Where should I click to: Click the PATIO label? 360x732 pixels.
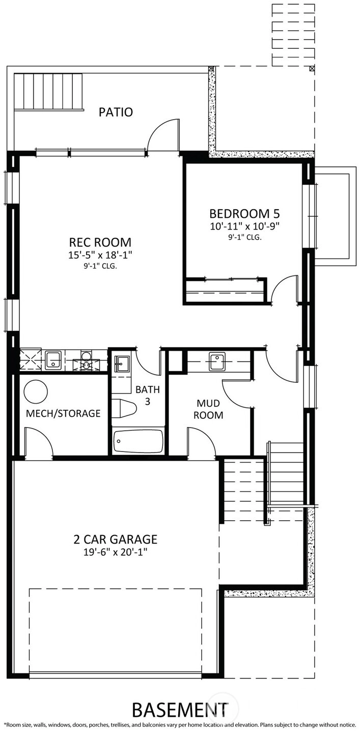(x=116, y=112)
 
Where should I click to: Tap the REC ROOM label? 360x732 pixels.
(x=100, y=242)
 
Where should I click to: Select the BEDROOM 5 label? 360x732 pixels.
(x=244, y=214)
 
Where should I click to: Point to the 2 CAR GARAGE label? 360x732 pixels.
(x=116, y=539)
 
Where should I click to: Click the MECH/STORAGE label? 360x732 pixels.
(x=63, y=413)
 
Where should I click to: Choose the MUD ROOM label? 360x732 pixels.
(x=208, y=409)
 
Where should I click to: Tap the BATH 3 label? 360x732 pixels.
(x=148, y=396)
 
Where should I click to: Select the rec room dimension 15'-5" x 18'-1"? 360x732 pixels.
(x=100, y=255)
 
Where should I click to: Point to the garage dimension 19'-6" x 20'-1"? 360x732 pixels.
(x=116, y=552)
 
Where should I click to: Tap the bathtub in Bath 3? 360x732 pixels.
(x=139, y=441)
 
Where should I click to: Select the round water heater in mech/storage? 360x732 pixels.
(x=36, y=391)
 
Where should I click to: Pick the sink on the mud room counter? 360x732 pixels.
(x=217, y=361)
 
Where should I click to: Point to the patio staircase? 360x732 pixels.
(x=48, y=92)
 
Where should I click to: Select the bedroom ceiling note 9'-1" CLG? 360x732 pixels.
(x=245, y=238)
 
